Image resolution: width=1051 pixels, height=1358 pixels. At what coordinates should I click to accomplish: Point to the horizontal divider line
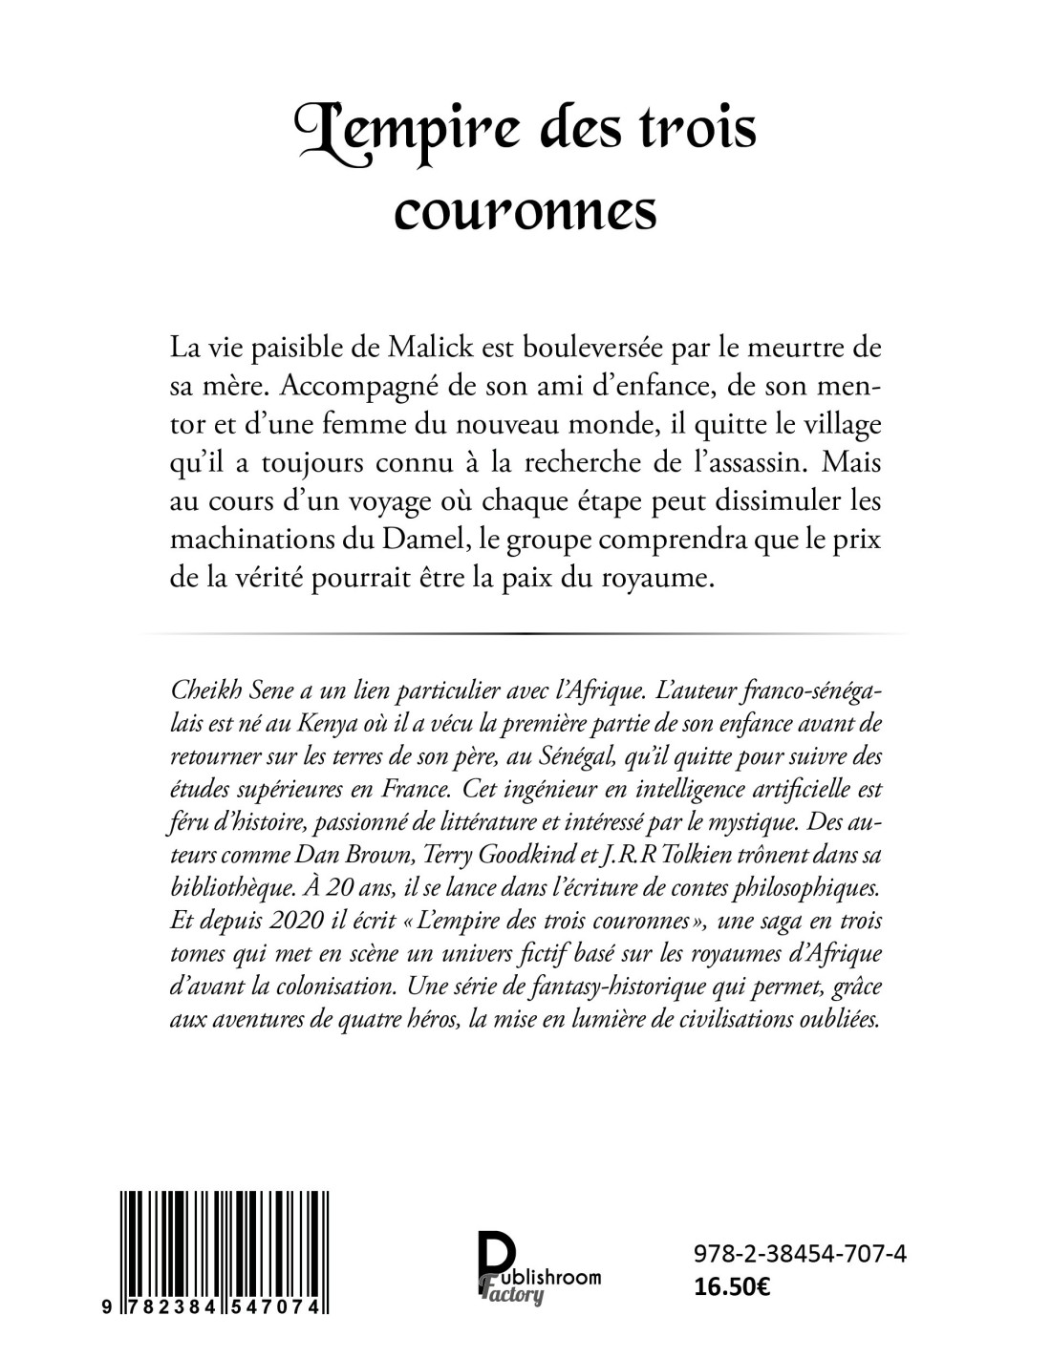(x=525, y=633)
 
